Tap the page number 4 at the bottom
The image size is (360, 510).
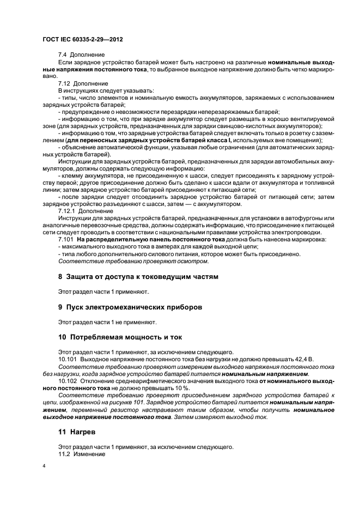pos(44,467)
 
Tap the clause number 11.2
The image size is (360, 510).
pos(65,454)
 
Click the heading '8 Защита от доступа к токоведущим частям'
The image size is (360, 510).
pos(138,277)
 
